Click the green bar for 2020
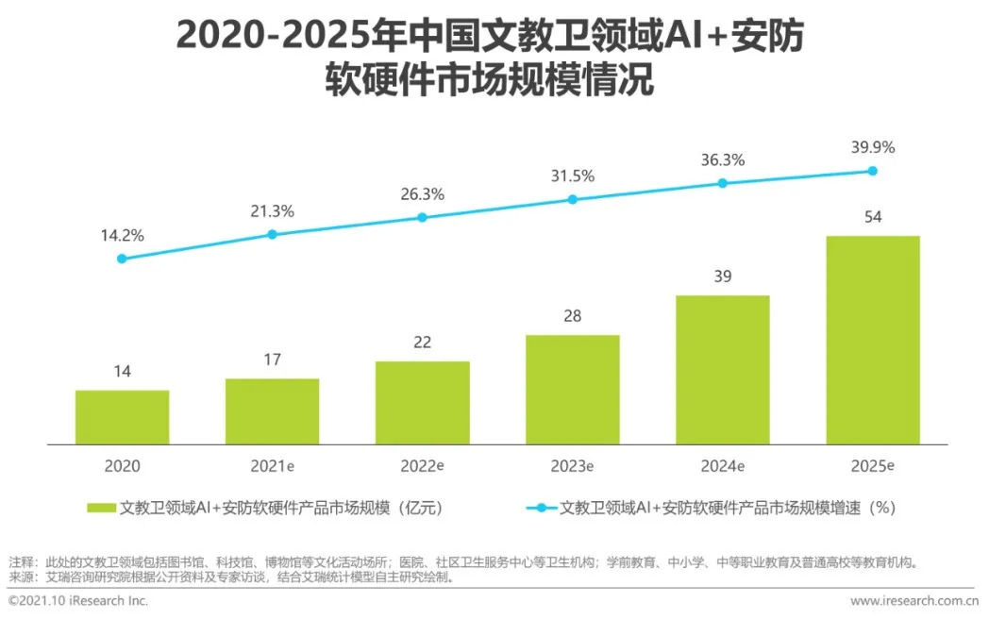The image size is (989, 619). point(123,417)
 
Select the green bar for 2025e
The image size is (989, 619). point(873,340)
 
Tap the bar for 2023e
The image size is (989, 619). point(573,390)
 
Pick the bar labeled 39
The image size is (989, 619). point(723,370)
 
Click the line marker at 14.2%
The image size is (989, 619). point(122,259)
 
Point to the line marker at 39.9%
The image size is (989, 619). point(873,171)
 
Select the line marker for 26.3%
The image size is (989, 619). point(422,217)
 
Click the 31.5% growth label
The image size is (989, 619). point(573,176)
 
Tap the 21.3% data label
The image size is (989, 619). point(272,211)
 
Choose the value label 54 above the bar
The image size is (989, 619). point(873,218)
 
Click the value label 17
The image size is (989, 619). point(272,360)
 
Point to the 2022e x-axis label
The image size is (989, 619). point(422,466)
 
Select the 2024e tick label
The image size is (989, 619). point(723,466)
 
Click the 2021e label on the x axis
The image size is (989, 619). point(272,466)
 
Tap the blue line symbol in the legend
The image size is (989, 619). point(542,508)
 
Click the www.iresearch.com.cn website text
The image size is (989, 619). point(914,601)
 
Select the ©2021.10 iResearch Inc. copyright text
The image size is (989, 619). point(78,601)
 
